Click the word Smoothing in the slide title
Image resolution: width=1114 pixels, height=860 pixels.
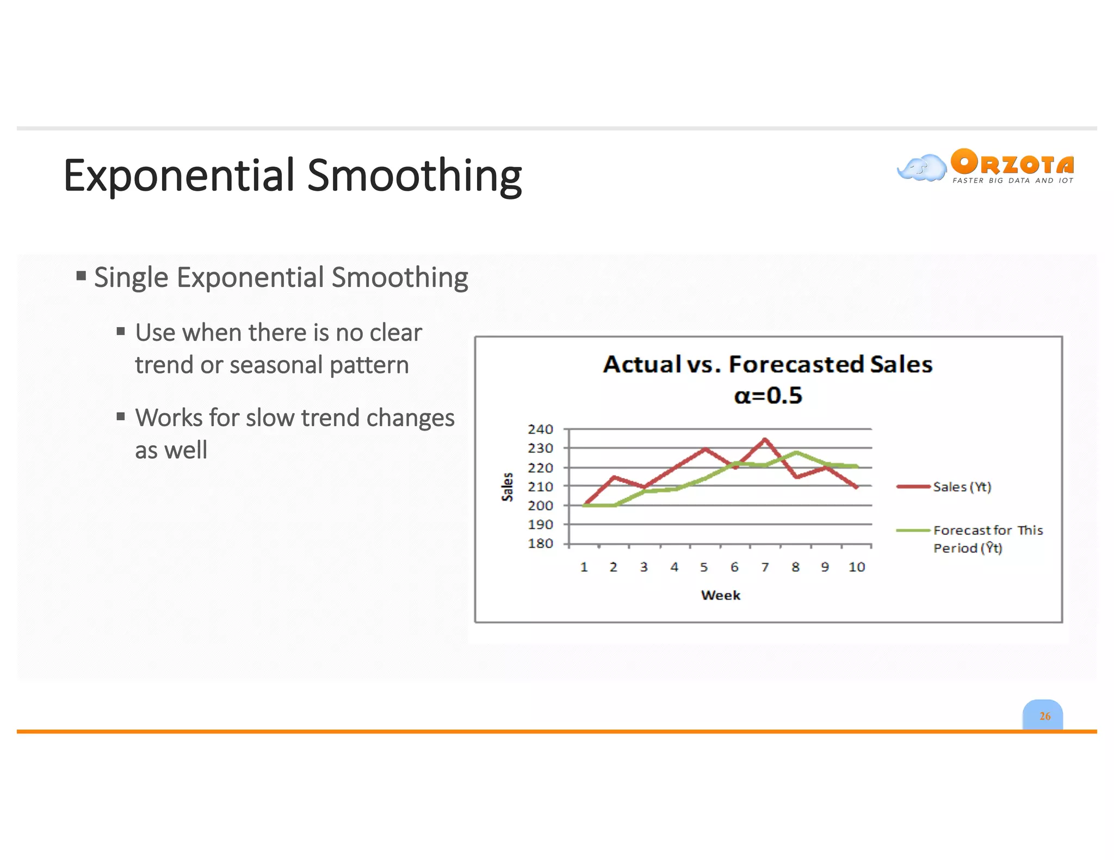(x=414, y=176)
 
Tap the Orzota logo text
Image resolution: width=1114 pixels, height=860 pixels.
(x=1012, y=163)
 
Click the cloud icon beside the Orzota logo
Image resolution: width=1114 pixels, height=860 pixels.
(x=921, y=168)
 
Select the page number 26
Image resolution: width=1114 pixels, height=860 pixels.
(x=1044, y=716)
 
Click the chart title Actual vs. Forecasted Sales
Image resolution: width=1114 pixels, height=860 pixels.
(x=768, y=364)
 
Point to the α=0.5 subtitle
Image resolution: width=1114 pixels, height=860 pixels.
(x=768, y=395)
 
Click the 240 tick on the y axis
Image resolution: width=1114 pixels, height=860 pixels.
(x=540, y=429)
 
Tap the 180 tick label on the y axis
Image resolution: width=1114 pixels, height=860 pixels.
(x=540, y=544)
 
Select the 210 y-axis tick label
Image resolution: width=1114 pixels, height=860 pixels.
(x=540, y=487)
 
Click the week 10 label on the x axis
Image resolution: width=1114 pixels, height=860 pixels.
(x=856, y=567)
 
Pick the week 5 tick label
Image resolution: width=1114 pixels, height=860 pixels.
(x=704, y=567)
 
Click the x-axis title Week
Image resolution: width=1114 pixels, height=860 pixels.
(x=720, y=595)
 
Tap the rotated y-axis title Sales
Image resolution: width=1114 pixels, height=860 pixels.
(x=508, y=487)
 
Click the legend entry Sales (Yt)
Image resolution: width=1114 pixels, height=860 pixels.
(x=962, y=487)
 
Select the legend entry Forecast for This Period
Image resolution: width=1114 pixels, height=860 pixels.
(x=987, y=538)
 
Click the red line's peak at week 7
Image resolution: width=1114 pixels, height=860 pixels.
(x=765, y=439)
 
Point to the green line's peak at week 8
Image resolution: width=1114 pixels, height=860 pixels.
(x=796, y=452)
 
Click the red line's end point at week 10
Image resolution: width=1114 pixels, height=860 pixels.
(x=856, y=487)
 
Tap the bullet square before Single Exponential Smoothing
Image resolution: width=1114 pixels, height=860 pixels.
(x=81, y=276)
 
